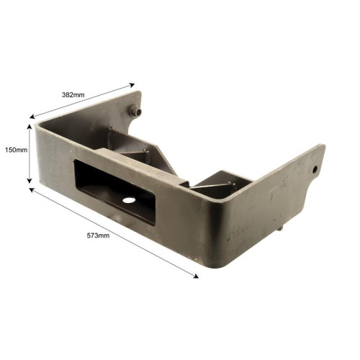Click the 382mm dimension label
(x=73, y=95)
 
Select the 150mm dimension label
(x=17, y=150)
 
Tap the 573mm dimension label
(x=98, y=235)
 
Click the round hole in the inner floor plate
(x=129, y=199)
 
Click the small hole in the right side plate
(x=315, y=169)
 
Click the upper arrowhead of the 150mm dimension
(x=30, y=126)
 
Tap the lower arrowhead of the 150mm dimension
(x=30, y=181)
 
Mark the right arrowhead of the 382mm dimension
(x=132, y=85)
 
